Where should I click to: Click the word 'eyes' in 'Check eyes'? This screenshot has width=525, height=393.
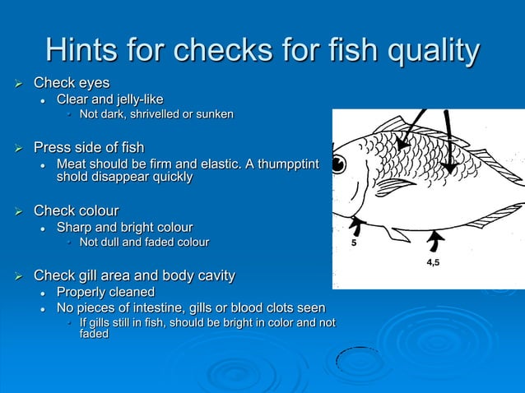click(93, 83)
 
